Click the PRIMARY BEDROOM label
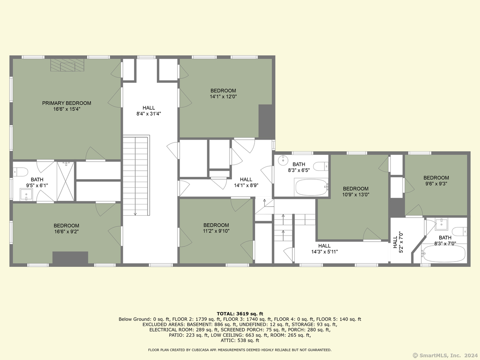tap(66, 103)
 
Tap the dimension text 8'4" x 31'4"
tap(149, 114)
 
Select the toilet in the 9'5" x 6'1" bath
tap(20, 172)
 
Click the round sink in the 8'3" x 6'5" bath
tap(283, 160)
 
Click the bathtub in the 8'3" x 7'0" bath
tap(444, 253)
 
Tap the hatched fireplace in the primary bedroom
tap(67, 65)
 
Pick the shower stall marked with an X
tap(65, 181)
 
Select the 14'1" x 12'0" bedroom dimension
tap(223, 97)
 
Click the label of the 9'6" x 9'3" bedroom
tap(436, 178)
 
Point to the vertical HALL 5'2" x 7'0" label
tap(398, 242)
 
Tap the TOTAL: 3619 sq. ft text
tap(240, 314)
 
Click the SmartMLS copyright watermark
tap(445, 355)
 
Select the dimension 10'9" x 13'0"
tap(356, 194)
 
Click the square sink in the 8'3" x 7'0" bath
tap(442, 224)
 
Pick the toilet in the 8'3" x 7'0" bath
tap(460, 232)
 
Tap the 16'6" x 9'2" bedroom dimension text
tap(66, 232)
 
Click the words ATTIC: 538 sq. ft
tap(240, 340)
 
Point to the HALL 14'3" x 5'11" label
tap(324, 249)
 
